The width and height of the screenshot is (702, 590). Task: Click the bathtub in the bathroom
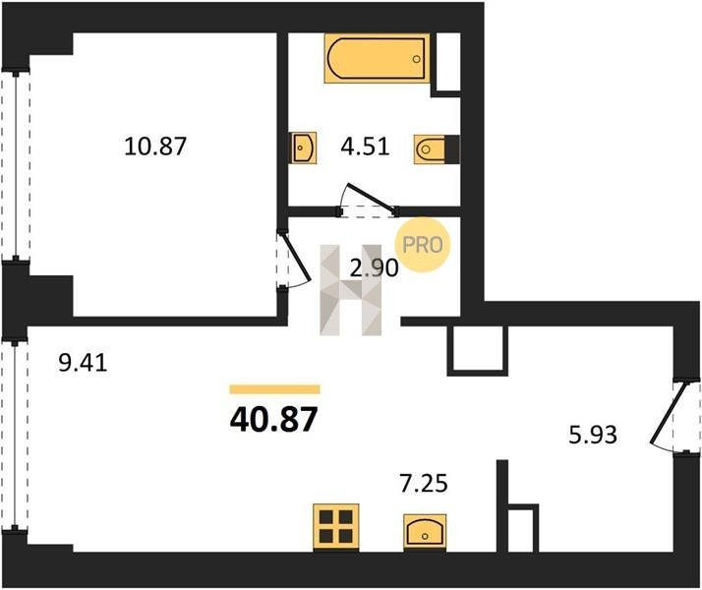coord(377,58)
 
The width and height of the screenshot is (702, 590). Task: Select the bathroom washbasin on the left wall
coord(304,147)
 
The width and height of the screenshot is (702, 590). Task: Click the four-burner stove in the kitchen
coord(336,526)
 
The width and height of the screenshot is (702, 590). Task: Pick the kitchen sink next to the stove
coord(425,531)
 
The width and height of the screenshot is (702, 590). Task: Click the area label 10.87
coord(155,147)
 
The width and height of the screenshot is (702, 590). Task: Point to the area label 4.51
coord(365,147)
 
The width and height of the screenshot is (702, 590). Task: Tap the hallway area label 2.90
coord(374,268)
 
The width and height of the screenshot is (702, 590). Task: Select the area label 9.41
coord(83,363)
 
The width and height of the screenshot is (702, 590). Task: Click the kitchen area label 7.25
coord(424,484)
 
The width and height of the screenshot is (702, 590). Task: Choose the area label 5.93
coord(593,435)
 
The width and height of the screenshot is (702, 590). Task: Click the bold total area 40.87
coord(274,420)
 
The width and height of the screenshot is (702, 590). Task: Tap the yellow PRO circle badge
coord(422,245)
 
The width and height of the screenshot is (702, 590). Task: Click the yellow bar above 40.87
coord(275,389)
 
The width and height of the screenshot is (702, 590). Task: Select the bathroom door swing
coord(368,200)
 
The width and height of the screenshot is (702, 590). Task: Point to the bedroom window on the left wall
coord(16,165)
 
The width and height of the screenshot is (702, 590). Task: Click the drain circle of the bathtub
coord(416,59)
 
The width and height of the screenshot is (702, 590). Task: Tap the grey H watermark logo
coord(351,290)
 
